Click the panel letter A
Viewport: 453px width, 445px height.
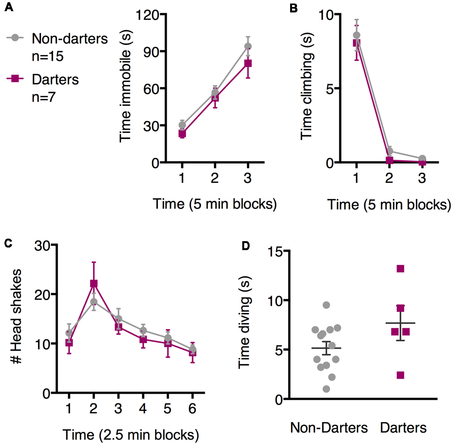coord(9,7)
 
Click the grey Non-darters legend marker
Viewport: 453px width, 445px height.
coord(15,38)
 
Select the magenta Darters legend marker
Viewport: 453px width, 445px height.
coord(15,78)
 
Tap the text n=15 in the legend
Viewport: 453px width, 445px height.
coord(47,56)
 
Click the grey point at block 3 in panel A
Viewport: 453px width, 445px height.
coord(248,47)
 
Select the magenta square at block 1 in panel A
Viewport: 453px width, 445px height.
coord(182,134)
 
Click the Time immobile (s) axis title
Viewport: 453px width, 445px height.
coord(125,86)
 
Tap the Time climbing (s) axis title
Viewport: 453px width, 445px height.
coord(307,86)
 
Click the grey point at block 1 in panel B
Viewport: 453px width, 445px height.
coord(356,35)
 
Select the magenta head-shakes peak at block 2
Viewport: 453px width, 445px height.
coord(94,283)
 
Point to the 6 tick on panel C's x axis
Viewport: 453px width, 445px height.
coord(192,409)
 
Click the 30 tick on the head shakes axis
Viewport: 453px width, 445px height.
coord(42,246)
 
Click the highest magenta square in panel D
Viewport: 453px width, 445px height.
coord(400,269)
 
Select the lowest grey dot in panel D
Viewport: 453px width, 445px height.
coord(326,389)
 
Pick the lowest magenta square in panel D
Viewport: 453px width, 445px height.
coord(400,375)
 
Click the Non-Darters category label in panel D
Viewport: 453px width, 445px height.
coord(329,428)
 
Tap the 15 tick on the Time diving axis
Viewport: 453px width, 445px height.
coord(275,252)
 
